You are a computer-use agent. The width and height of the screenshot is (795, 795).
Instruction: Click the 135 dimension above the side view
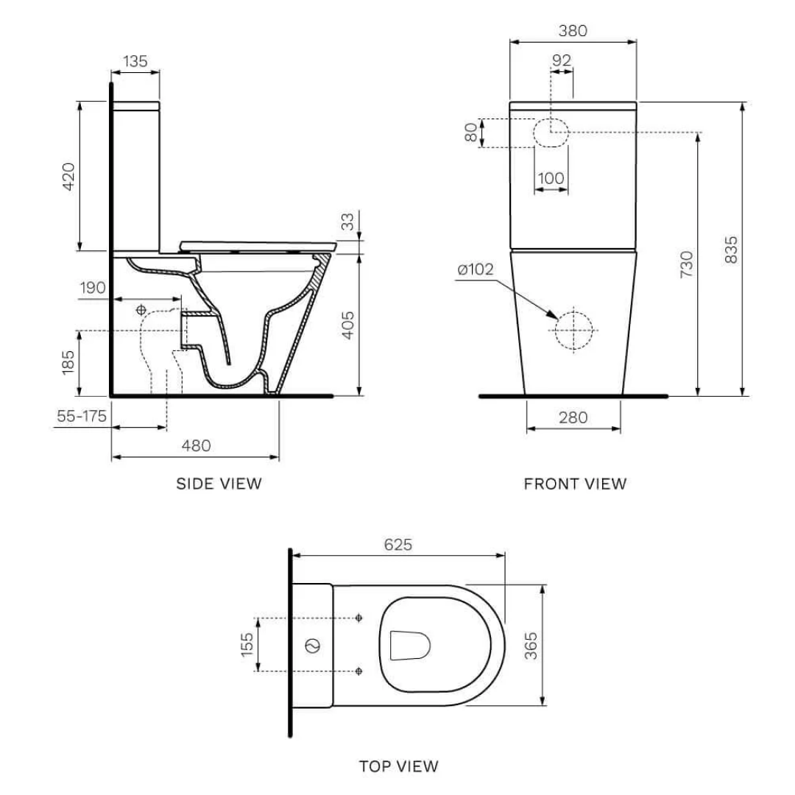135,62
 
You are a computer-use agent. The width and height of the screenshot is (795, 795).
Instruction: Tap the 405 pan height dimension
348,325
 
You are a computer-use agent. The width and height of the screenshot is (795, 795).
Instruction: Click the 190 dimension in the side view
93,287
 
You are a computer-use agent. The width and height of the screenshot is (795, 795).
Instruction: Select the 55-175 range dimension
82,416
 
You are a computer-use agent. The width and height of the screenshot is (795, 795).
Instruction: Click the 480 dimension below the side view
196,445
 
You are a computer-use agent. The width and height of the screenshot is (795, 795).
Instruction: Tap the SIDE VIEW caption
219,484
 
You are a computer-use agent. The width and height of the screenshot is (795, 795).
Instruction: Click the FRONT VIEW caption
575,484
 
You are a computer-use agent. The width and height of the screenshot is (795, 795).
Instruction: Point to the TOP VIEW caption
398,766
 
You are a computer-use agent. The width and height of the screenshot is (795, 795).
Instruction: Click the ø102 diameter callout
475,270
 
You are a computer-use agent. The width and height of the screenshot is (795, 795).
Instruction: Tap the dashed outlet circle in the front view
573,330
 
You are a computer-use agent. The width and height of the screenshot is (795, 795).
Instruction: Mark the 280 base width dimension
573,417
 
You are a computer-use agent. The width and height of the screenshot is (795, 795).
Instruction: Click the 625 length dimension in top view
398,545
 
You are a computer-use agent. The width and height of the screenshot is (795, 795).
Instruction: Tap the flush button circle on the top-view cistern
312,646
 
